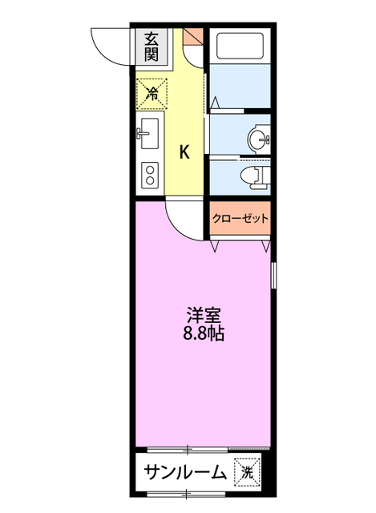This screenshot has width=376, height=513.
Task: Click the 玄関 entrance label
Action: [151, 46]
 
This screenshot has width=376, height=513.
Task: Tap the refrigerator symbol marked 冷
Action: [151, 93]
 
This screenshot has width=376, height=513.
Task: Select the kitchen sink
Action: [149, 131]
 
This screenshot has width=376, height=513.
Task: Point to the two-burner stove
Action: [149, 174]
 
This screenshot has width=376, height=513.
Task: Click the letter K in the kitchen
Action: [184, 151]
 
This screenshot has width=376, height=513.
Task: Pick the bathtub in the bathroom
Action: [240, 46]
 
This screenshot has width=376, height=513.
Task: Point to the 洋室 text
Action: [201, 316]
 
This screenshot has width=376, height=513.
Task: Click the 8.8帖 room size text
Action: [201, 334]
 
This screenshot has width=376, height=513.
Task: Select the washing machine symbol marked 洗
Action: [246, 472]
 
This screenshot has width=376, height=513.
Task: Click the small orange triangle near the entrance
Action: [192, 37]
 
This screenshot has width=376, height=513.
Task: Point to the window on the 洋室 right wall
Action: [274, 277]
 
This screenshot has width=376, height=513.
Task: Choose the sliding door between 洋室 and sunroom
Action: [200, 447]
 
